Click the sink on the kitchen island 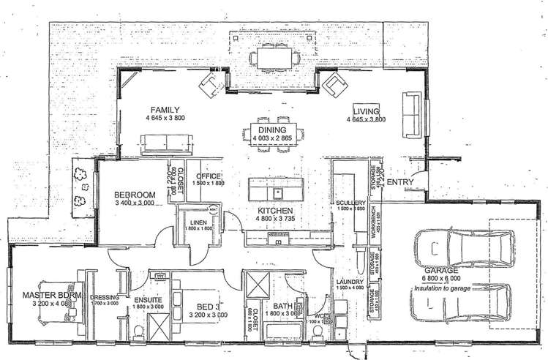pos(278,193)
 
